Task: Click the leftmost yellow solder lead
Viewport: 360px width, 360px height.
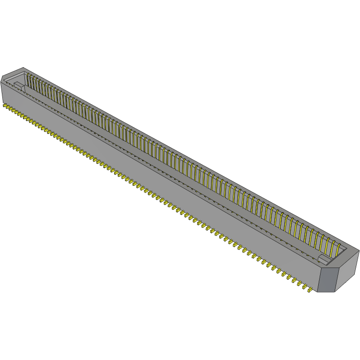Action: (x=5, y=106)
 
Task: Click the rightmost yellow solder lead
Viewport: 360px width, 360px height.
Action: (x=310, y=291)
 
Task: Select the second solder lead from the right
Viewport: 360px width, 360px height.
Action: (x=304, y=287)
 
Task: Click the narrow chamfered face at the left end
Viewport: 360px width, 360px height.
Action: (x=2, y=89)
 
